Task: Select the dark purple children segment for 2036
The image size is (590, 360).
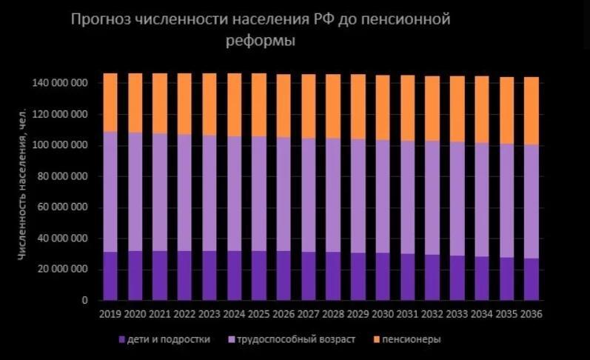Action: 531,279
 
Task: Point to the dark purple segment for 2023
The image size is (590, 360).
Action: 209,276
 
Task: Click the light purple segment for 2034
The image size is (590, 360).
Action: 481,200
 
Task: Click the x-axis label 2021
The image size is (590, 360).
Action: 159,314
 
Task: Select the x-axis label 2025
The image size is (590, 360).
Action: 258,314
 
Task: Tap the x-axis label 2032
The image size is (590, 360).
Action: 432,314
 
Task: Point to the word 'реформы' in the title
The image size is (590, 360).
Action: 260,41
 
